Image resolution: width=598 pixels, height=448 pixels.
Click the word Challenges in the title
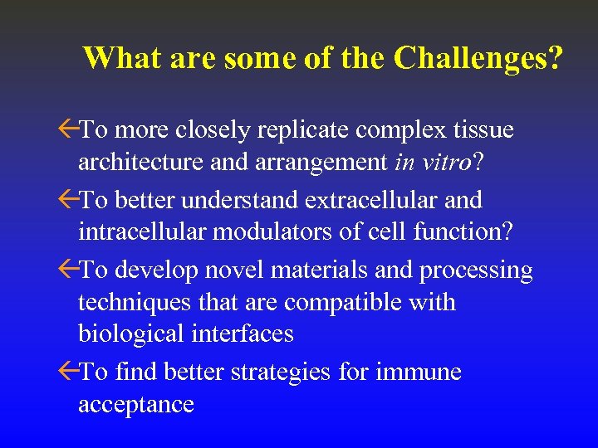[478, 58]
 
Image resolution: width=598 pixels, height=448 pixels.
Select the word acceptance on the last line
[136, 404]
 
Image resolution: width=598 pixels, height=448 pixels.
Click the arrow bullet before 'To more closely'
[69, 131]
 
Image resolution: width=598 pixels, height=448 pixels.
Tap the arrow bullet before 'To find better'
[69, 373]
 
